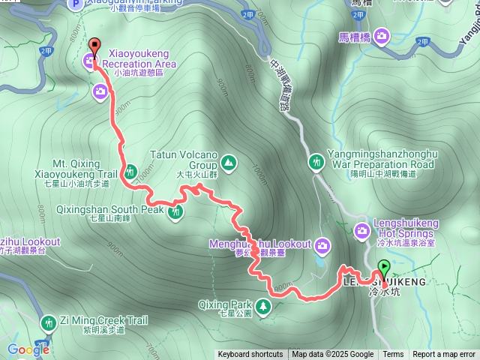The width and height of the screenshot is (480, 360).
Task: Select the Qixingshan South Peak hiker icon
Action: click(x=176, y=212)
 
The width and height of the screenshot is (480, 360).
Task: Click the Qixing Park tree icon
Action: click(x=263, y=305)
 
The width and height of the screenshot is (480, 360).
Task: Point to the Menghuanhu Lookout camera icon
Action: click(x=322, y=244)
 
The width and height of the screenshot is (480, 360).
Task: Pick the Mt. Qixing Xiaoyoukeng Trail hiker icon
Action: click(x=129, y=170)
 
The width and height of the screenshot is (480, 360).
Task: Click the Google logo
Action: click(x=28, y=349)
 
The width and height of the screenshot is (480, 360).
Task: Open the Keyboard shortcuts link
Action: click(x=250, y=355)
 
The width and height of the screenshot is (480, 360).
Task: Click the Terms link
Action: click(x=393, y=355)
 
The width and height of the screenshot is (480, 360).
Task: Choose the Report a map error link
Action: click(x=444, y=355)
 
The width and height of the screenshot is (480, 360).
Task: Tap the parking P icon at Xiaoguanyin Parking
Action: click(x=75, y=5)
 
